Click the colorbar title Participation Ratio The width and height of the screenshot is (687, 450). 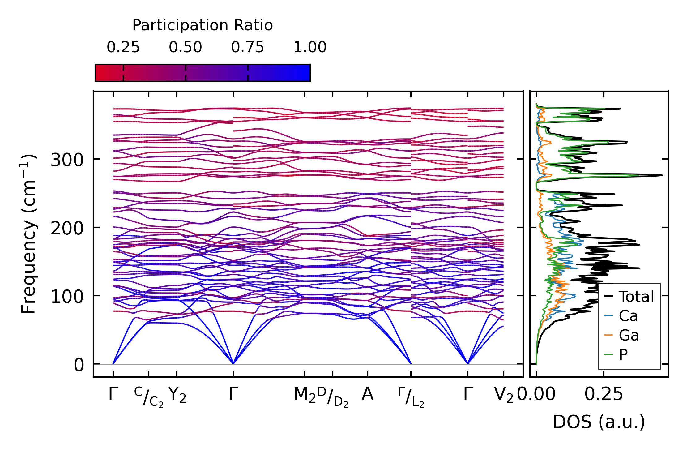click(x=203, y=25)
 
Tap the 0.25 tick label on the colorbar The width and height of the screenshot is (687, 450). click(x=123, y=47)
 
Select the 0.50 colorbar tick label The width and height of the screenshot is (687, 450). click(x=185, y=47)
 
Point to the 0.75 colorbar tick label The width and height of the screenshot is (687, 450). click(x=247, y=47)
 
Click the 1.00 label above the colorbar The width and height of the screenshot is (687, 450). click(x=310, y=47)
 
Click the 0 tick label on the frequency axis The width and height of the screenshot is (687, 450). click(x=79, y=365)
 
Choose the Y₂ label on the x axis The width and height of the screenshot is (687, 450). click(x=177, y=395)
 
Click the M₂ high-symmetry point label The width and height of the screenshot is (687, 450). click(x=305, y=395)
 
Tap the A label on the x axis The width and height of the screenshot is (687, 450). click(x=367, y=394)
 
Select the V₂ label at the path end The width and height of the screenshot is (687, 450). click(x=503, y=395)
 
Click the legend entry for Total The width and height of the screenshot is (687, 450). click(x=636, y=297)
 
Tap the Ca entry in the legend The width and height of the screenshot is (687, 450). click(x=628, y=316)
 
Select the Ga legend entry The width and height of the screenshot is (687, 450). click(x=629, y=335)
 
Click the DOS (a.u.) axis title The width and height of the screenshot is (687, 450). click(x=599, y=422)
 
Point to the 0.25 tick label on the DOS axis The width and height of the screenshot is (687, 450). click(x=604, y=394)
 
